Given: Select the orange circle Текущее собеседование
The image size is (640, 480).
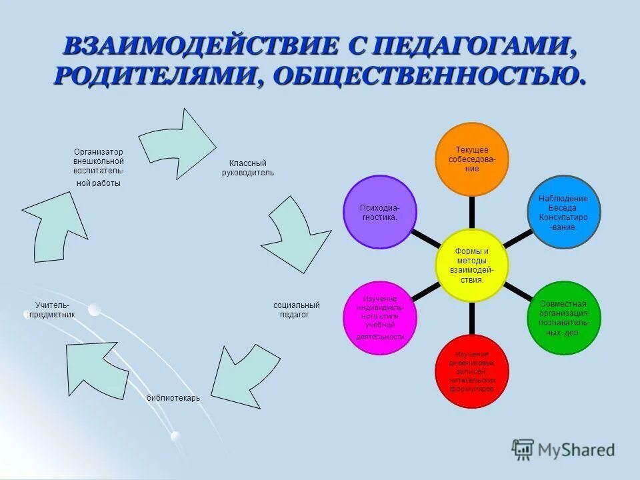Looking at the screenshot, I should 471,159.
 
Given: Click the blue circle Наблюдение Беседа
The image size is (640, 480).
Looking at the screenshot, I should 563,213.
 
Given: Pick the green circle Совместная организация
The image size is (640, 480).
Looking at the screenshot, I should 564,317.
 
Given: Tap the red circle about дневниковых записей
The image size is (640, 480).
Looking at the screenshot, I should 471,371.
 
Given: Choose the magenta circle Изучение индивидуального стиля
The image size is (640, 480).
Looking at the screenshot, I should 379,317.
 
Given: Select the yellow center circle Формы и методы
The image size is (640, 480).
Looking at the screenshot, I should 471,265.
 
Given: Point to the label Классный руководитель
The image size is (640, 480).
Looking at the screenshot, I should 247,168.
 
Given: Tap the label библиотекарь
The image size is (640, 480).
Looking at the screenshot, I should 173,398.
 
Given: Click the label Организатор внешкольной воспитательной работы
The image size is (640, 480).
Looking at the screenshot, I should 98,167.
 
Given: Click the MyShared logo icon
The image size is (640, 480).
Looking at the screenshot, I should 523,449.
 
